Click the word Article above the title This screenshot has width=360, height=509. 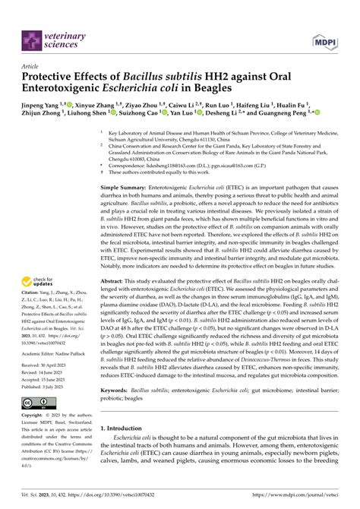30,66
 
